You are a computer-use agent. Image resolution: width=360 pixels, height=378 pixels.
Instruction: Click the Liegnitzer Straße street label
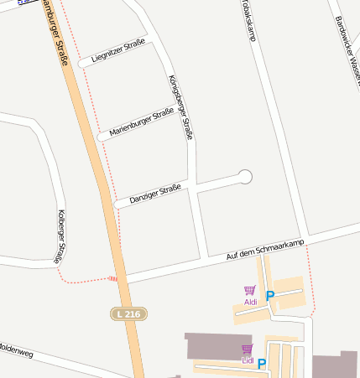(x=117, y=49)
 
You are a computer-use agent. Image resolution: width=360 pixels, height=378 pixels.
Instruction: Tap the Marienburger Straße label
(x=141, y=122)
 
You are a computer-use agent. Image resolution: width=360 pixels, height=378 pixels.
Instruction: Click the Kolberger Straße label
(x=60, y=236)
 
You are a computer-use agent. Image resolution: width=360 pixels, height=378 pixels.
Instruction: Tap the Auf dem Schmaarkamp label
(x=267, y=249)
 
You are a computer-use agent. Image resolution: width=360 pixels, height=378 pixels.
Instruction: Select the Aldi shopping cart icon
(x=249, y=290)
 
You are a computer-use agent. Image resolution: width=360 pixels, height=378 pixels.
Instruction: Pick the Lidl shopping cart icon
(x=247, y=349)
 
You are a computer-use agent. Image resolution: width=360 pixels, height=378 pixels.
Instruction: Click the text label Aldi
(x=250, y=301)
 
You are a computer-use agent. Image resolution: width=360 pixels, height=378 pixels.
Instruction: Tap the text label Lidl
(x=247, y=360)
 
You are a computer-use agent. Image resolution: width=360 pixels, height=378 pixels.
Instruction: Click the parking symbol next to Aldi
(x=269, y=295)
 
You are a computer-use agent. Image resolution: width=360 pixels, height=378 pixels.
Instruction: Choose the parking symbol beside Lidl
(x=262, y=363)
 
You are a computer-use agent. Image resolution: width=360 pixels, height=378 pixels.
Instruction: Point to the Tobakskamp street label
(x=248, y=18)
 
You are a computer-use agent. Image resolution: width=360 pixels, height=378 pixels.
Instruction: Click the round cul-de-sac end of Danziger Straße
(x=245, y=176)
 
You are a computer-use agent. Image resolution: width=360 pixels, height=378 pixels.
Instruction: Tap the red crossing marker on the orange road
(x=113, y=278)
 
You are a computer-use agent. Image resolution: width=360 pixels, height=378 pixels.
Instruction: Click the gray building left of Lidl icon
(x=210, y=344)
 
